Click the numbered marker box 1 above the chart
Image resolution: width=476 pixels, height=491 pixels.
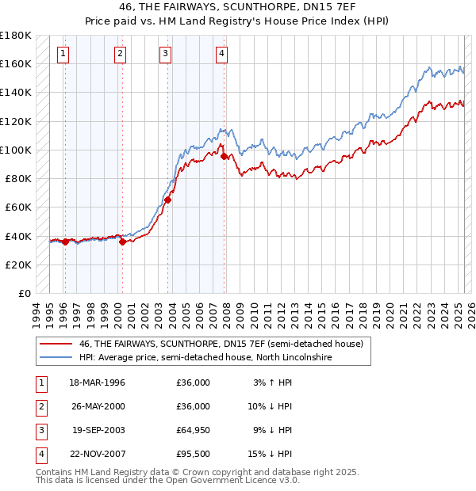coord(63,54)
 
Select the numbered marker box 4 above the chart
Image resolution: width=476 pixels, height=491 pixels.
coord(221,54)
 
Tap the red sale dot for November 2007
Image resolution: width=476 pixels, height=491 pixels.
coord(225,157)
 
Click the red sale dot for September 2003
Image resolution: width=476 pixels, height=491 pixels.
coord(168,200)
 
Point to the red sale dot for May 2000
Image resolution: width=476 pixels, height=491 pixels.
coord(123,242)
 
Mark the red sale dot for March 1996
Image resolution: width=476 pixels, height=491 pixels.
coord(65,242)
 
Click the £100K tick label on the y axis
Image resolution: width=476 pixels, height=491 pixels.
coord(16,150)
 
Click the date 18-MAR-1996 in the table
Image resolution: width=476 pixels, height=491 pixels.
coord(97,383)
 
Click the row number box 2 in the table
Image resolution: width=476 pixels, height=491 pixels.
coord(40,406)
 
